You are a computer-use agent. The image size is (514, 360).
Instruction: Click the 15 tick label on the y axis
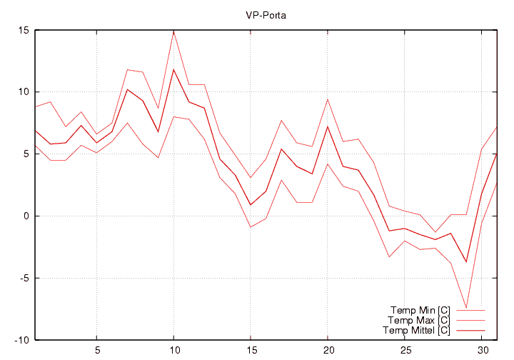[23, 31]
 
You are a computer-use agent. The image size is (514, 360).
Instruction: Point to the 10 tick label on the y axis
[23, 92]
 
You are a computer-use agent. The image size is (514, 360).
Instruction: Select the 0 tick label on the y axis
[26, 216]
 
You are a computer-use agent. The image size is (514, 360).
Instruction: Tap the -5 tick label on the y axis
[23, 279]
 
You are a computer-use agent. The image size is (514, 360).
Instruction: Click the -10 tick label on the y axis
[21, 340]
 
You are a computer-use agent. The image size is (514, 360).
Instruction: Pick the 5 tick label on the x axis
[96, 351]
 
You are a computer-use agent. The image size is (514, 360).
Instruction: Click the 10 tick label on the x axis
[173, 351]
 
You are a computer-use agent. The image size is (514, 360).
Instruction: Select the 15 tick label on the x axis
[251, 351]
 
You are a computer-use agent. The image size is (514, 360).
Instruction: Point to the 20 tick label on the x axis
[328, 351]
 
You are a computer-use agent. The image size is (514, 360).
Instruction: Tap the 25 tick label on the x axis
[405, 351]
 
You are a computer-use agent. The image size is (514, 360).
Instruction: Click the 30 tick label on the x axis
[482, 351]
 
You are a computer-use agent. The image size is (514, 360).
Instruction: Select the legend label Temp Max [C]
[419, 320]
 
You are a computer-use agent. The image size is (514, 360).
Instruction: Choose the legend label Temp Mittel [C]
[416, 330]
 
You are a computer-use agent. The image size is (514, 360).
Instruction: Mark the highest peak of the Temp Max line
[173, 31]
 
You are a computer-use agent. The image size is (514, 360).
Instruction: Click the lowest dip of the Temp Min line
[466, 308]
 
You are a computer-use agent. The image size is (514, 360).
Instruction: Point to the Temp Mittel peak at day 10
[173, 69]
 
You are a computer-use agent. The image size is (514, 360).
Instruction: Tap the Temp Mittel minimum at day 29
[466, 262]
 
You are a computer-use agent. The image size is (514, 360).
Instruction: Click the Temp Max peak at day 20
[328, 99]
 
